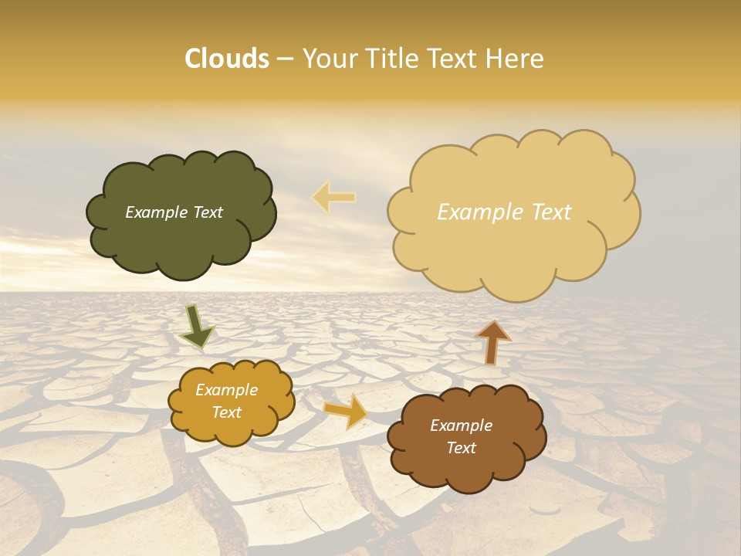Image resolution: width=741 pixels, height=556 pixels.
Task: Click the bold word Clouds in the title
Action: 227,59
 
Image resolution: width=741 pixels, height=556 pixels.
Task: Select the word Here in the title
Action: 513,59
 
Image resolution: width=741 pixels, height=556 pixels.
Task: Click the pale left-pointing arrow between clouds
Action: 334,197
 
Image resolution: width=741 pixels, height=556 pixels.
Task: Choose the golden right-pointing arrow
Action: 346,410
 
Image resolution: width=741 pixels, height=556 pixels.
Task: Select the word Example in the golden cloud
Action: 227,390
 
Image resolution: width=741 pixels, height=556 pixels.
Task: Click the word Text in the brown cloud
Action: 462,448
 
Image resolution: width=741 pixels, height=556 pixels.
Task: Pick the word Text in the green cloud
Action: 206,212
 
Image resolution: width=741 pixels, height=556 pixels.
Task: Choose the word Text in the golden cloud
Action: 227,412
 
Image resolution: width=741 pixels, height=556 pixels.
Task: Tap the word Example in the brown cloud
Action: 462,425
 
